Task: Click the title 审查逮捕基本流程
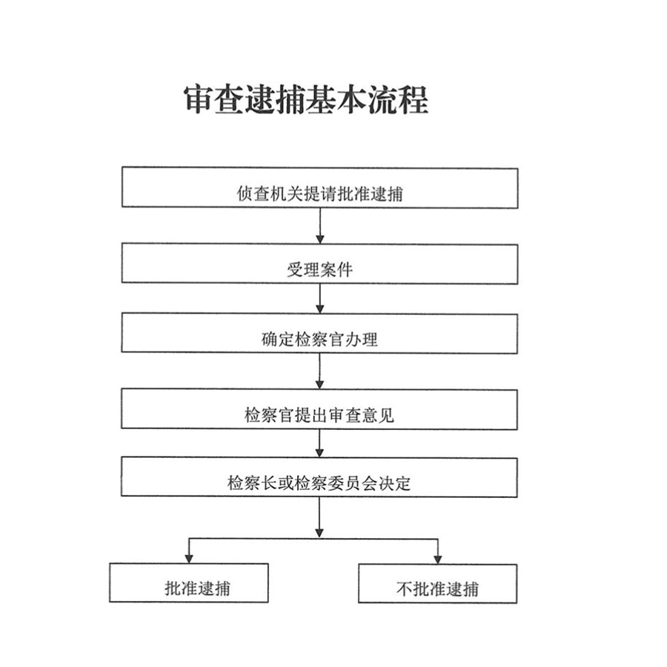pos(306,99)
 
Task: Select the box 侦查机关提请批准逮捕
pos(320,188)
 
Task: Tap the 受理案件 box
pos(320,264)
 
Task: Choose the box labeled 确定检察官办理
pos(319,333)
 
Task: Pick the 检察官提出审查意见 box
pos(319,409)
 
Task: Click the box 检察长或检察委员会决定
pos(319,477)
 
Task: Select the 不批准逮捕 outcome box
pos(438,583)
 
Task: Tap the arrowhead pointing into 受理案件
pos(320,238)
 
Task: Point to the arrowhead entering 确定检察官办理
pos(320,308)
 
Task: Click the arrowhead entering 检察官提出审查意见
pos(320,384)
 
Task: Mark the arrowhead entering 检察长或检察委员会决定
pos(320,452)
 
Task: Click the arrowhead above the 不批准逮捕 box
pos(438,559)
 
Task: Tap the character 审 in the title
pos(199,99)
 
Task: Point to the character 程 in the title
pos(414,99)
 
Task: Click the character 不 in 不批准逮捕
pos(404,589)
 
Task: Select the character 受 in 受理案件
pos(295,270)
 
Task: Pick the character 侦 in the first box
pos(245,193)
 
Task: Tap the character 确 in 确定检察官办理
pos(269,339)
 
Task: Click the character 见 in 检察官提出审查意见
pos(386,415)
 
